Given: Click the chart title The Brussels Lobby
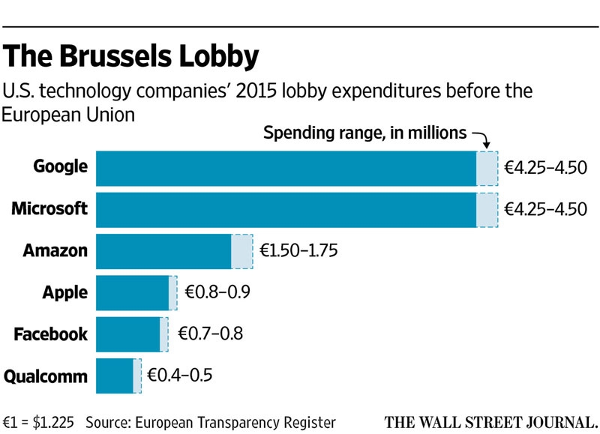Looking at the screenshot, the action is pyautogui.click(x=130, y=56).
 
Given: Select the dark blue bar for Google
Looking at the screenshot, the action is pyautogui.click(x=286, y=169).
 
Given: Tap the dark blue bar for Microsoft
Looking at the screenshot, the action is pyautogui.click(x=286, y=210).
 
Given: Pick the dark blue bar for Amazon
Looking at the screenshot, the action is pyautogui.click(x=163, y=251).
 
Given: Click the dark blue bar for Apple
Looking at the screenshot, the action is pyautogui.click(x=133, y=293).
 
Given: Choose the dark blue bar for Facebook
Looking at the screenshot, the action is pyautogui.click(x=128, y=334).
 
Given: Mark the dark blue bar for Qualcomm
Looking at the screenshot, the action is pyautogui.click(x=115, y=376).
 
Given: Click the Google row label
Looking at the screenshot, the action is pyautogui.click(x=61, y=167).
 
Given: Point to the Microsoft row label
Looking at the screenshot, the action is pyautogui.click(x=49, y=208).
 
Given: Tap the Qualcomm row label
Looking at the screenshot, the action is pyautogui.click(x=46, y=376).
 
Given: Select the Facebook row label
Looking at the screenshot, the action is pyautogui.click(x=51, y=334).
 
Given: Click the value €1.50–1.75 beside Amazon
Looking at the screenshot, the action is pyautogui.click(x=298, y=250).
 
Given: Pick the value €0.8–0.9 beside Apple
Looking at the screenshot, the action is pyautogui.click(x=217, y=292).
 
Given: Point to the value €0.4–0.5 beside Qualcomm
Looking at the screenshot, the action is pyautogui.click(x=180, y=375).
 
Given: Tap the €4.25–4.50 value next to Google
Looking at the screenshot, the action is pyautogui.click(x=546, y=167).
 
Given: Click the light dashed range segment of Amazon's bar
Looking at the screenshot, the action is pyautogui.click(x=242, y=251).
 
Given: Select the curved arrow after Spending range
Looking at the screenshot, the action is pyautogui.click(x=483, y=138).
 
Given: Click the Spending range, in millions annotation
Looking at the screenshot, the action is pyautogui.click(x=365, y=133).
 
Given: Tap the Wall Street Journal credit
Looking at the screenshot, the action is pyautogui.click(x=491, y=422).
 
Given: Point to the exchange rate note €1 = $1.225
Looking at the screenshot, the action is pyautogui.click(x=38, y=423).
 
